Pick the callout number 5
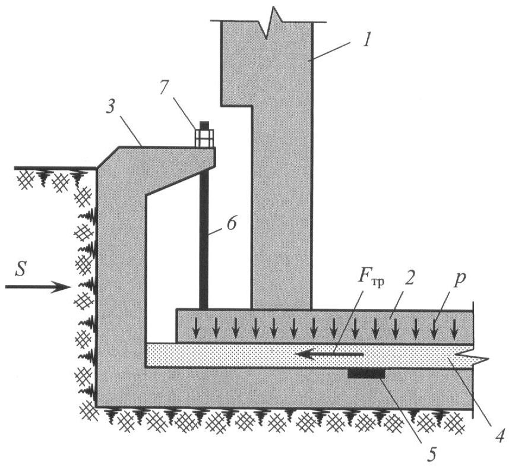click(x=432, y=454)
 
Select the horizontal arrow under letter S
click(x=38, y=287)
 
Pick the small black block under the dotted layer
click(x=366, y=373)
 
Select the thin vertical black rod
click(x=204, y=238)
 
